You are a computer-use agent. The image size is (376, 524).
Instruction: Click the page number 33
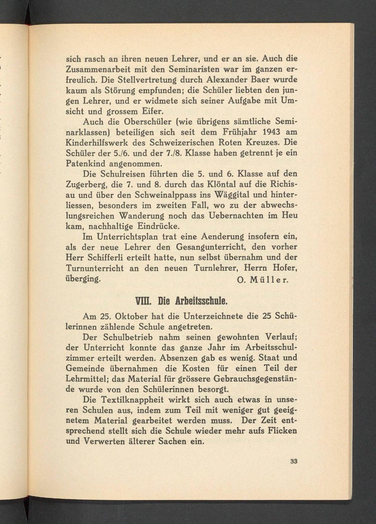(x=294, y=462)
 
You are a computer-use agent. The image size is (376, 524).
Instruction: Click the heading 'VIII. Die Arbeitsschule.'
(x=182, y=301)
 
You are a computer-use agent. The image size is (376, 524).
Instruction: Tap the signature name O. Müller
(x=263, y=280)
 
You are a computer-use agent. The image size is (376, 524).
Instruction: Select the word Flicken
(x=282, y=431)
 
